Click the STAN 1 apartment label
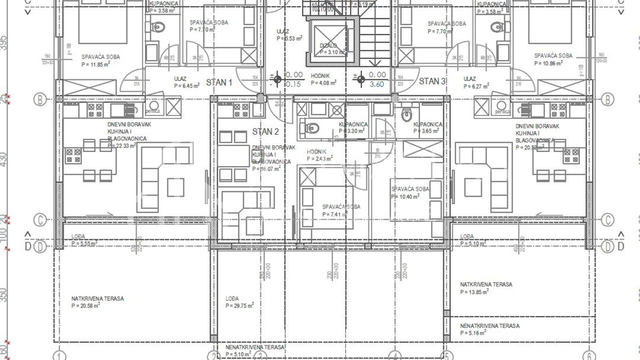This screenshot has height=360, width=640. click(219, 83)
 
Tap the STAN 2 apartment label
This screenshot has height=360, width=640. click(265, 132)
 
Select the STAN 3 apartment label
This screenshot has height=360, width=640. click(432, 81)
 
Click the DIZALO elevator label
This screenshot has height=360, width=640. click(328, 45)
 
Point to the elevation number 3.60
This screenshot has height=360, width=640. click(377, 85)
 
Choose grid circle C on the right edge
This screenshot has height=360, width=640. click(607, 220)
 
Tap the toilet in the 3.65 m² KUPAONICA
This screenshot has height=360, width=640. click(405, 115)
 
